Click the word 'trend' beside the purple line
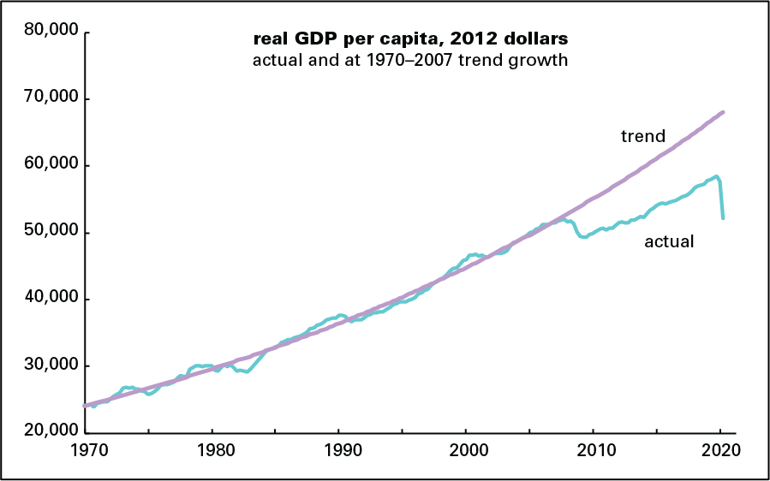643,135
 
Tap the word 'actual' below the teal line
668,242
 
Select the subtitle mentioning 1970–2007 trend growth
409,60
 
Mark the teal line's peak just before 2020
716,176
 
